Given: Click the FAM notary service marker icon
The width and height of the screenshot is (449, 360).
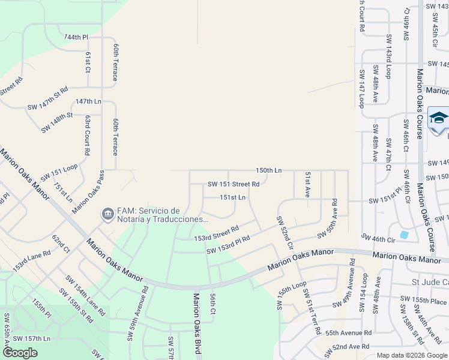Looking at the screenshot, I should coord(107,213).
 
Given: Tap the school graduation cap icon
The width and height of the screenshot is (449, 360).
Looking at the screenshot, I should coord(438,118).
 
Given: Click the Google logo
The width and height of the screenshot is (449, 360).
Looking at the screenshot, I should coord(20,352).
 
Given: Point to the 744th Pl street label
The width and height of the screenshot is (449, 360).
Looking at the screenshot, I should coord(76,37).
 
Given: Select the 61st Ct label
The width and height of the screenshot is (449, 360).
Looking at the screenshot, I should coord(88,62).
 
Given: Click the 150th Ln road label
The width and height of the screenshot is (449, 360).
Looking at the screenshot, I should coord(268,170).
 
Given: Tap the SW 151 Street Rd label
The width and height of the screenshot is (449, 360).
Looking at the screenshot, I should coord(234,184).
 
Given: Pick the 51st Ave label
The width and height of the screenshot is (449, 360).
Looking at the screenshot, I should coord(307,185).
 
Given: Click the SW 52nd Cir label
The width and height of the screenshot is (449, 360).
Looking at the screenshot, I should coord(285,233).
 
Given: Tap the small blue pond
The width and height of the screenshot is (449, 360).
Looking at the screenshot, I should coord(403,235).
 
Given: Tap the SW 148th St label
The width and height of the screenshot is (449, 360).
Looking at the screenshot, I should coord(57,122).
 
